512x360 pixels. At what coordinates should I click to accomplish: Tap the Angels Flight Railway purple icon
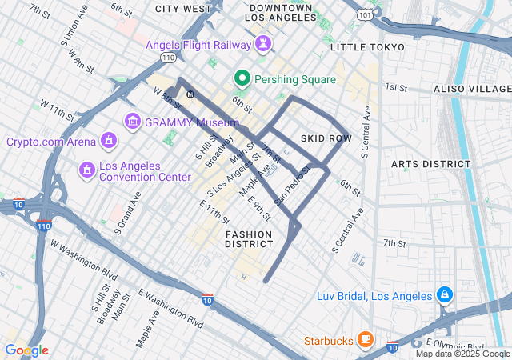pos(262,45)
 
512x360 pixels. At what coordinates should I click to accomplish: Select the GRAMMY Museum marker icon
pos(133,122)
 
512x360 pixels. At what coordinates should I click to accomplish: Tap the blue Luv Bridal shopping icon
pos(444,296)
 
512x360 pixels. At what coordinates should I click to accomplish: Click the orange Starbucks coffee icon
pos(366,340)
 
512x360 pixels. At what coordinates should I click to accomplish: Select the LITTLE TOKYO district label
pos(367,48)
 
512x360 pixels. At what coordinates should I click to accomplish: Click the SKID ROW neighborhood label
pos(326,138)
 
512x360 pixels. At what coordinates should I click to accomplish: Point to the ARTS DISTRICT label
pos(431,164)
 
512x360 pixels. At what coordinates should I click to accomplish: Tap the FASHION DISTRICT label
pos(249,238)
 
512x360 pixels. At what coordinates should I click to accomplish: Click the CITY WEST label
pos(183,9)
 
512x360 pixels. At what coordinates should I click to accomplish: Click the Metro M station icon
pos(190,94)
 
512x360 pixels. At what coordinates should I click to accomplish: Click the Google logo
pos(26,350)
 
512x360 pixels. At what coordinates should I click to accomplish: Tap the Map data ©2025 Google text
pos(462,354)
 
